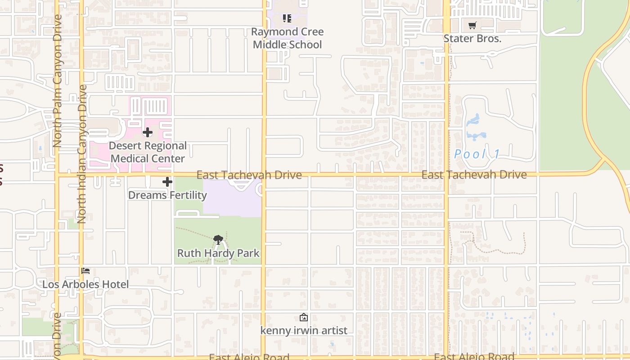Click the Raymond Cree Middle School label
287,38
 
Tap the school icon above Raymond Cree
287,18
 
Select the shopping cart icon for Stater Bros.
472,26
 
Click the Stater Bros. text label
472,39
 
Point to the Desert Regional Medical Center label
148,152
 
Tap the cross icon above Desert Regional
148,132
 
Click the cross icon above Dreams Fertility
167,182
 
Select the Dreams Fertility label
167,195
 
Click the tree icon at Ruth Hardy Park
218,239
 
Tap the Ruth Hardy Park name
218,253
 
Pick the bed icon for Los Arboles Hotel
85,270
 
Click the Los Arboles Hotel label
85,284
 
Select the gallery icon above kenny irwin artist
304,317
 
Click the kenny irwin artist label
304,331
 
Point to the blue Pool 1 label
477,154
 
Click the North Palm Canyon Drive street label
57,81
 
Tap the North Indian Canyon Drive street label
81,154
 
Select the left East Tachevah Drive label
249,175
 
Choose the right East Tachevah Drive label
474,175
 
